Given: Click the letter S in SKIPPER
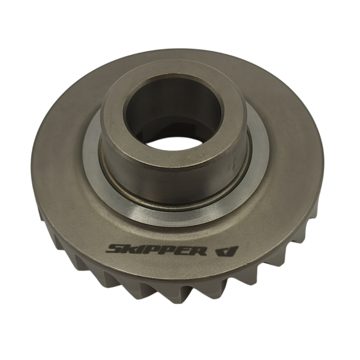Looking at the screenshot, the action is click(x=115, y=249).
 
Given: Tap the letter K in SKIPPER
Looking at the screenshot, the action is click(x=128, y=249).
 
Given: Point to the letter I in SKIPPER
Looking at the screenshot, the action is click(x=137, y=249).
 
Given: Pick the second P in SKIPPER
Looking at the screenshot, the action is click(x=161, y=250).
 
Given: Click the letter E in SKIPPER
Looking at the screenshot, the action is click(x=176, y=250).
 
